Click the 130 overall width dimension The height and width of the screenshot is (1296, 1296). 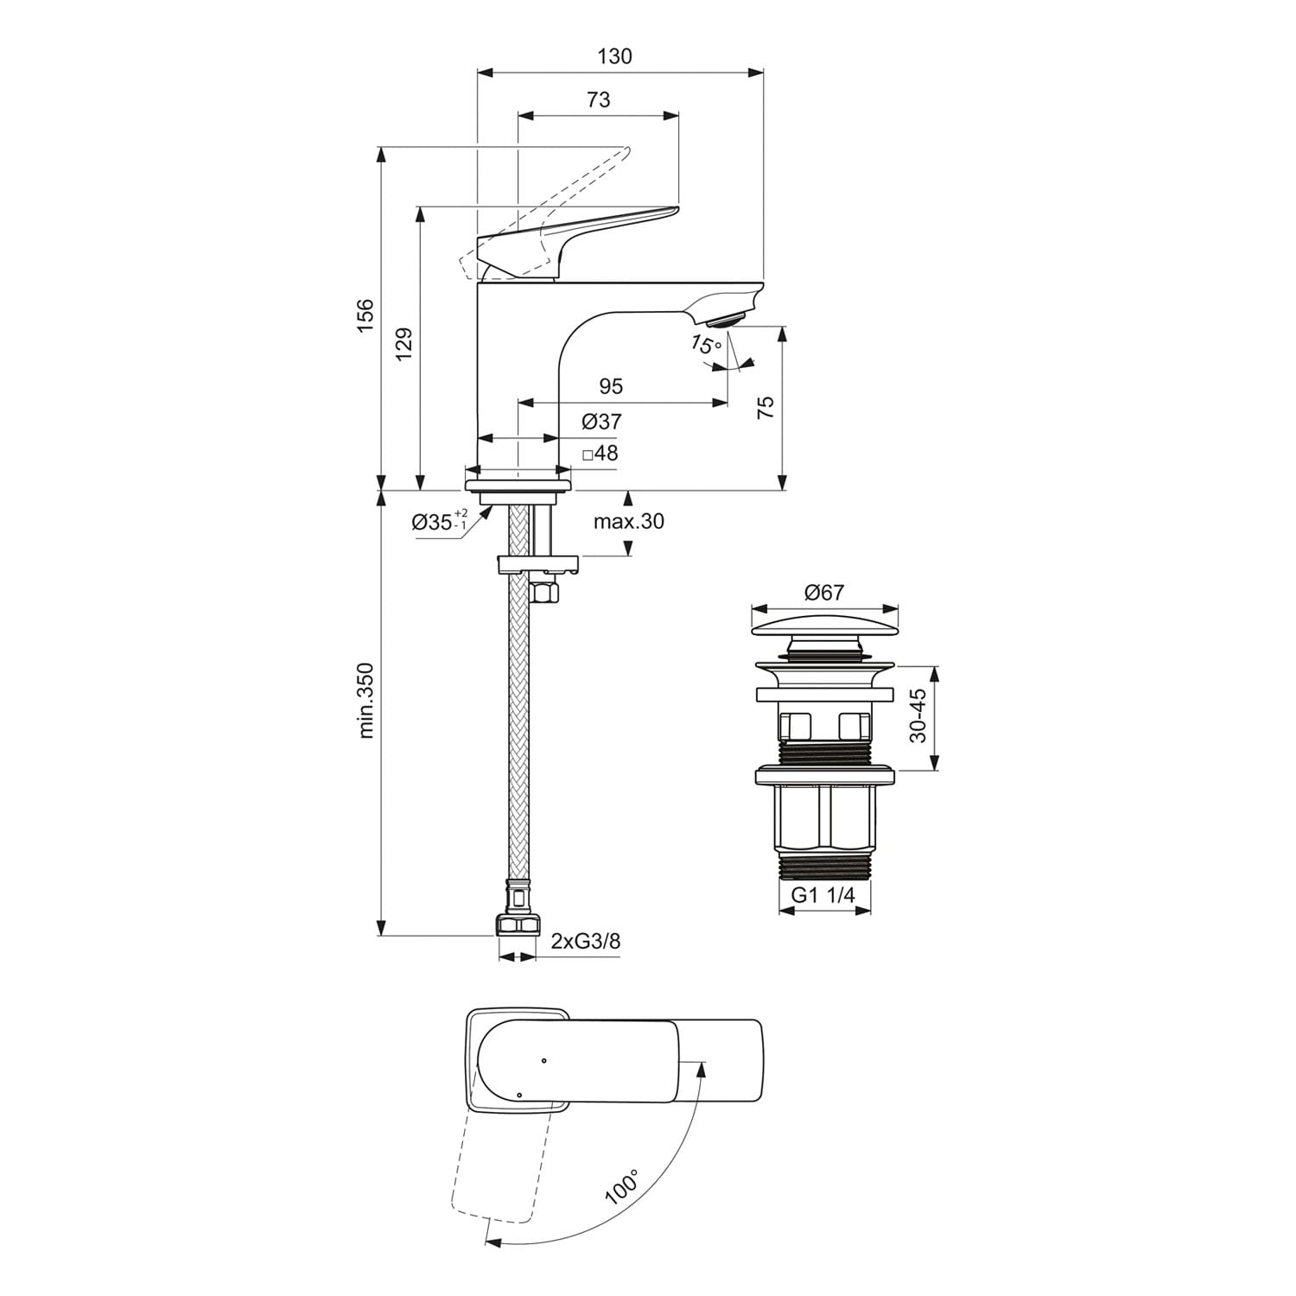click(614, 56)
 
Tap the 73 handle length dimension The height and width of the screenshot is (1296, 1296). click(598, 99)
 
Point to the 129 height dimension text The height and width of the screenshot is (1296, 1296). click(405, 344)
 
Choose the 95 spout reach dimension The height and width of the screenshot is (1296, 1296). click(610, 385)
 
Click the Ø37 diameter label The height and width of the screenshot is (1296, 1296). click(601, 422)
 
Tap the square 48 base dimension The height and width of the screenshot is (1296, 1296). click(600, 453)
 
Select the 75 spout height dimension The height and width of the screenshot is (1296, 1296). click(766, 408)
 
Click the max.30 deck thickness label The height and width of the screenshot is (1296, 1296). click(628, 521)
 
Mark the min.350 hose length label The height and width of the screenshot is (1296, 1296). click(365, 700)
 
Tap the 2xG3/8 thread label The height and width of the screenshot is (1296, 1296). click(586, 941)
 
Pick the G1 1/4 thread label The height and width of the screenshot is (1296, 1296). click(823, 895)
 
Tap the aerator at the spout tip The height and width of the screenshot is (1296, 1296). click(724, 321)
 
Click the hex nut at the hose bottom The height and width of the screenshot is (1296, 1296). click(517, 925)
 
